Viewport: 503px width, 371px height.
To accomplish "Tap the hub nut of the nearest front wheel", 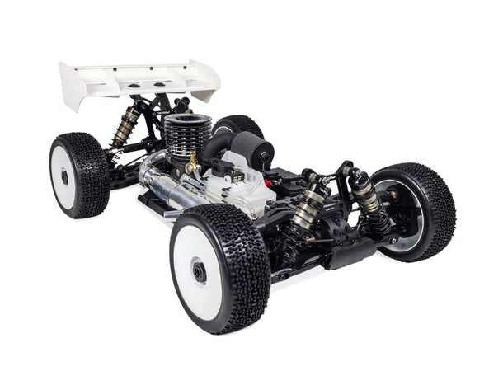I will coord(200,271).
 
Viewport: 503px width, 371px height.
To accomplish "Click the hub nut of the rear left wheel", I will coord(64,176).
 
